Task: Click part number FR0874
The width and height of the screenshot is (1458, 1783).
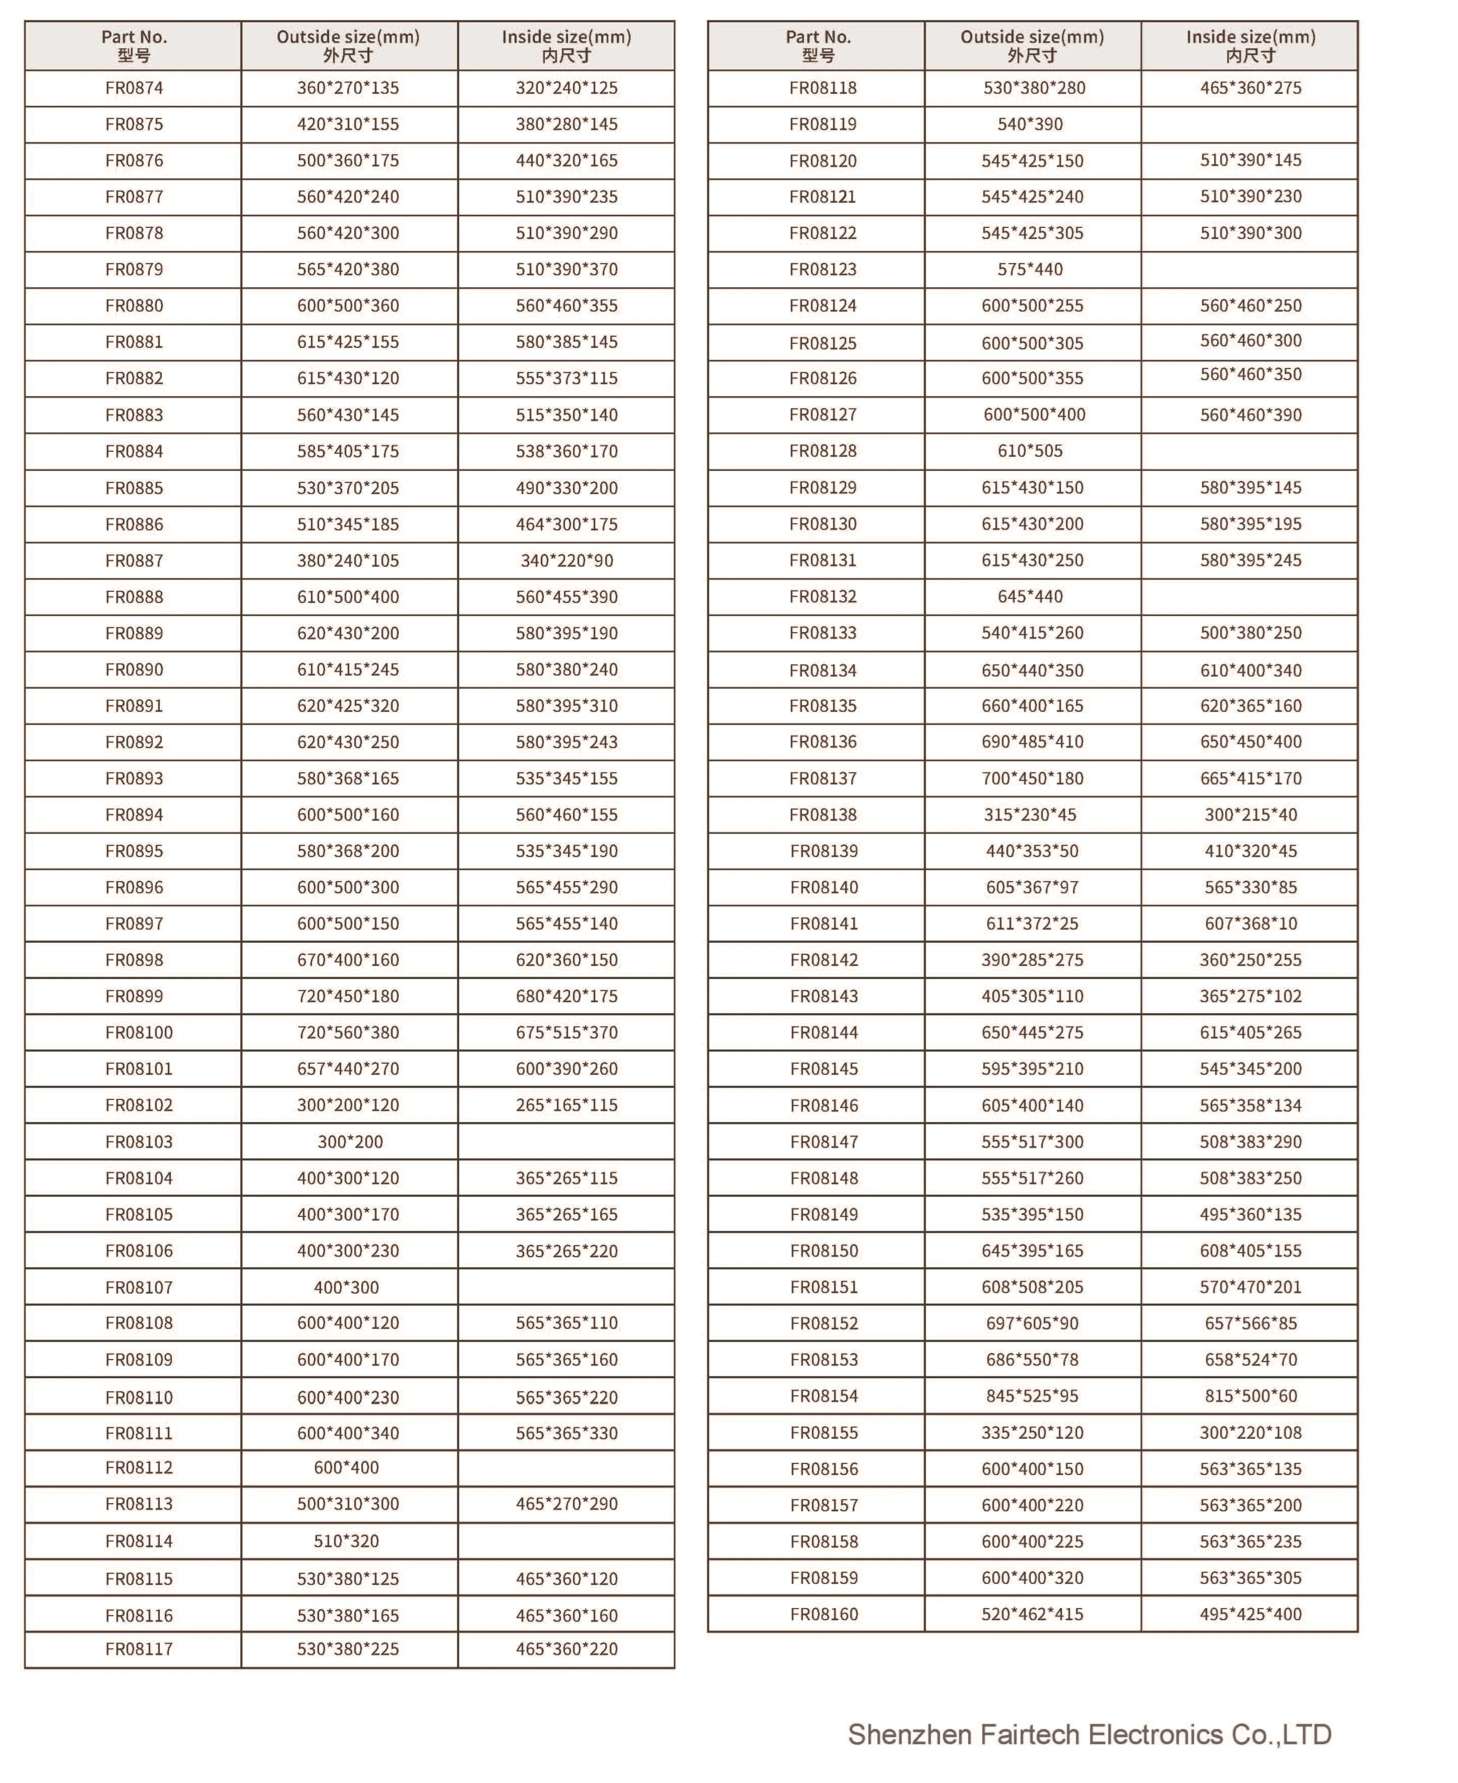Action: (x=135, y=88)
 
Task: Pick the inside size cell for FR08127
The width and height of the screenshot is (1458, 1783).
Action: (x=1250, y=415)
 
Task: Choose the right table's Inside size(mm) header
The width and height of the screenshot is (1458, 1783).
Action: (x=1250, y=45)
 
